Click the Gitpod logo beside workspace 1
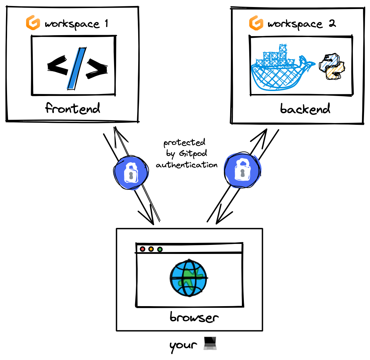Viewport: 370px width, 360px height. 33,23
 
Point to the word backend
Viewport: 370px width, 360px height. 305,109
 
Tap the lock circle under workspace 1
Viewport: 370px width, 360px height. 130,172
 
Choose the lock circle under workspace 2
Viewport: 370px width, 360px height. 242,170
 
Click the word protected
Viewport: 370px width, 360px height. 184,143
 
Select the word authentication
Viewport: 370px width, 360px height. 187,165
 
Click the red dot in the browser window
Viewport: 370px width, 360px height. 143,249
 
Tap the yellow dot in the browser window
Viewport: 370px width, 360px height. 151,249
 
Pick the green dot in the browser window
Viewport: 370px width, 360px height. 160,249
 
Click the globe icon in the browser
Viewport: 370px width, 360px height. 189,277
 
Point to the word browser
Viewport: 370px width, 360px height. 194,317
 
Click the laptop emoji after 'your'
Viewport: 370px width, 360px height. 211,344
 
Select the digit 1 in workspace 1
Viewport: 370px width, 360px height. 106,23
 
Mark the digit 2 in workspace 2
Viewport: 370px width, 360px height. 332,23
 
